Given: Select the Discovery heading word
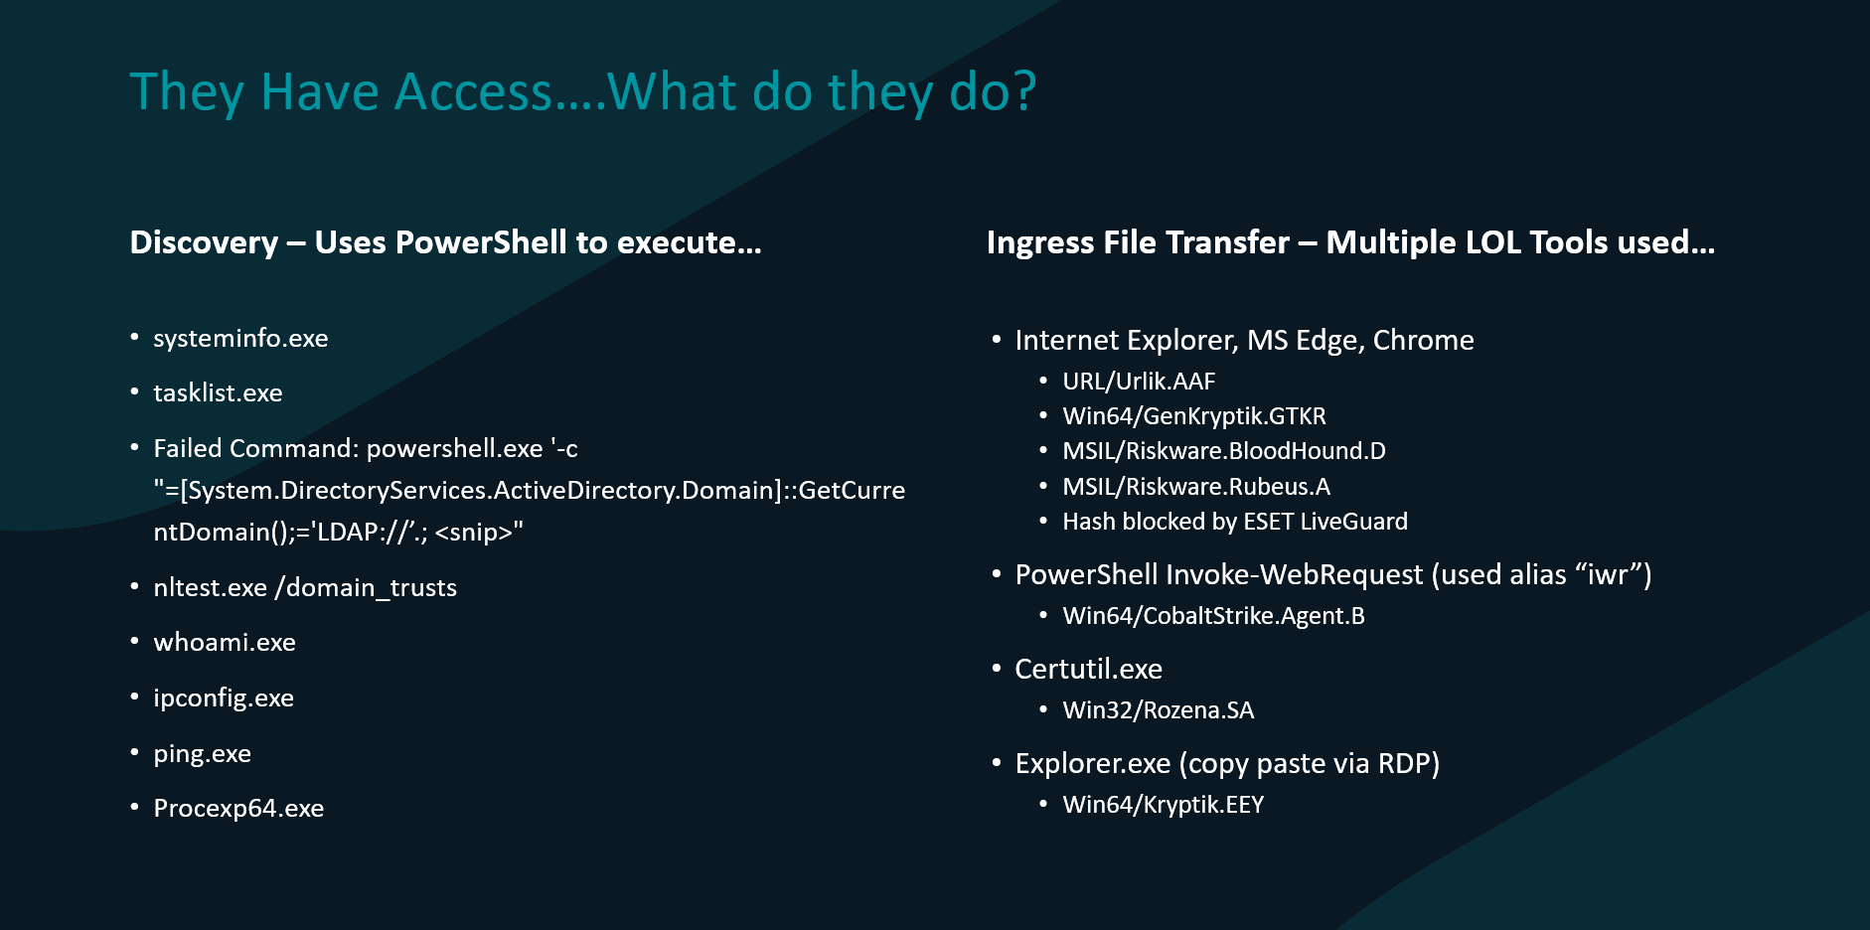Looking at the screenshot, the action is tap(204, 242).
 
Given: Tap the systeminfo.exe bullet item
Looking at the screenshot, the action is tap(240, 338).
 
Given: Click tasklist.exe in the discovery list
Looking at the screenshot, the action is tap(218, 392).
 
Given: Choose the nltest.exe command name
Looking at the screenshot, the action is tap(210, 587).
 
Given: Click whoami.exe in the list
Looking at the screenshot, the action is tap(225, 642).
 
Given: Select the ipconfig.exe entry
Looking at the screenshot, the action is tap(224, 698).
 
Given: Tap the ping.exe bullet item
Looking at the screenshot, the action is tap(202, 754).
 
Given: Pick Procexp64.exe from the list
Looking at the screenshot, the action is tap(238, 809).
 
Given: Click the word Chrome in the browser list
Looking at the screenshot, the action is tap(1423, 340).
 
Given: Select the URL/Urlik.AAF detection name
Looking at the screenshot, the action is tap(1139, 382).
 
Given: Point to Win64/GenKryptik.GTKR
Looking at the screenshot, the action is tap(1194, 416).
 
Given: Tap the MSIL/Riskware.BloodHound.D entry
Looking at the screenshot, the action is tap(1224, 451).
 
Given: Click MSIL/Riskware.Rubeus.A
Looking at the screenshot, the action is tap(1196, 486).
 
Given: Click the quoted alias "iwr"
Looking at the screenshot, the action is tap(1608, 574).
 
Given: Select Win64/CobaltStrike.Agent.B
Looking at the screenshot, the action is tap(1213, 616).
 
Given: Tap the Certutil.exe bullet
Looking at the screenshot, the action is tap(1088, 669).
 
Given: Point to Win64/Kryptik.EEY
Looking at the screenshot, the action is tap(1163, 805).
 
